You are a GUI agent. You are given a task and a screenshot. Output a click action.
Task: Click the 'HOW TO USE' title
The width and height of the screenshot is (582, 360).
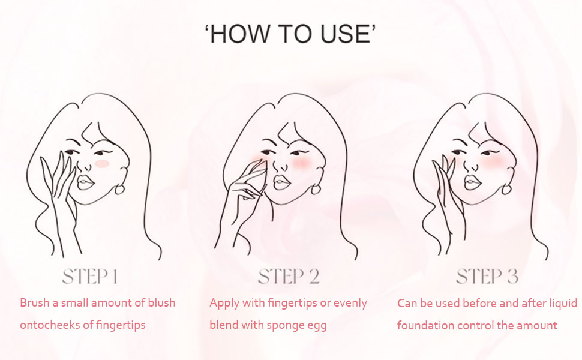(290, 35)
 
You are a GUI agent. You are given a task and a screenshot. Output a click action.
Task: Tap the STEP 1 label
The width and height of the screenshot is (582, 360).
(90, 277)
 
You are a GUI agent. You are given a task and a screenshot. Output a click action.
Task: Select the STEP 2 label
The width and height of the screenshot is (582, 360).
(289, 277)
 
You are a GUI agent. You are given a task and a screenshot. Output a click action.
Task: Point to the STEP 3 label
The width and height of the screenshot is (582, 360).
(487, 277)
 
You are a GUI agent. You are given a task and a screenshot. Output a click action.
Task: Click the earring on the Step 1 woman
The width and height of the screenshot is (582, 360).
(120, 189)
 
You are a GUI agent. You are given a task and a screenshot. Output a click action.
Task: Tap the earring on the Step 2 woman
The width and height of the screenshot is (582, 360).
(316, 189)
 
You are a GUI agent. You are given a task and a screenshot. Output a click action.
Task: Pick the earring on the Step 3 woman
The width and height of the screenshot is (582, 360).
(507, 189)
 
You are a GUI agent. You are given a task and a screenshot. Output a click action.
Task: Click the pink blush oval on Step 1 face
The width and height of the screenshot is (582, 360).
(103, 163)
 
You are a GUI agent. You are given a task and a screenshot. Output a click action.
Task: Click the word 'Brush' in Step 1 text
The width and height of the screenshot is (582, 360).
(34, 302)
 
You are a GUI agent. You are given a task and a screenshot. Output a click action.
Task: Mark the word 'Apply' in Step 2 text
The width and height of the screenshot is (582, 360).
(224, 302)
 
